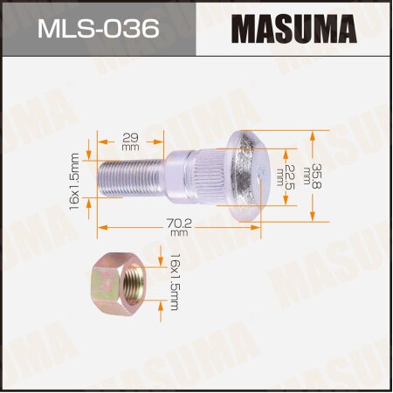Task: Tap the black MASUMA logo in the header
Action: (296, 28)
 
